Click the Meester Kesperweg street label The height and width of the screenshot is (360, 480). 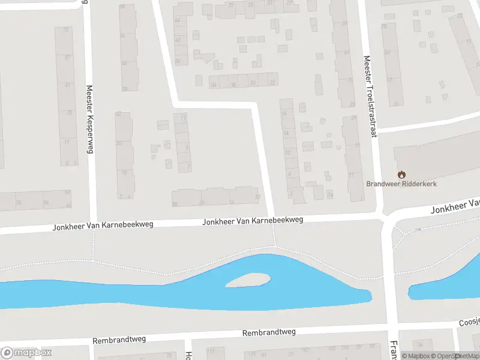tap(91, 119)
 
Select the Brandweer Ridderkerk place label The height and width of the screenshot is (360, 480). tap(401, 184)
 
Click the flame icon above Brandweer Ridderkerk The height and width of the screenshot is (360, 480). tap(401, 174)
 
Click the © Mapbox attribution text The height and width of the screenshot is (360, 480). tap(415, 356)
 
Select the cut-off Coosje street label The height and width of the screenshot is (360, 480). tap(469, 321)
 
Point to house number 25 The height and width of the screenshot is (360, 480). tap(70, 113)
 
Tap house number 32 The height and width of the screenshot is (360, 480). tap(118, 114)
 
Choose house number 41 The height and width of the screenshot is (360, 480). tap(68, 85)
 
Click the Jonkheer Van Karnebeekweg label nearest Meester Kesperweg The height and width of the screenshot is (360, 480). tap(103, 226)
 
